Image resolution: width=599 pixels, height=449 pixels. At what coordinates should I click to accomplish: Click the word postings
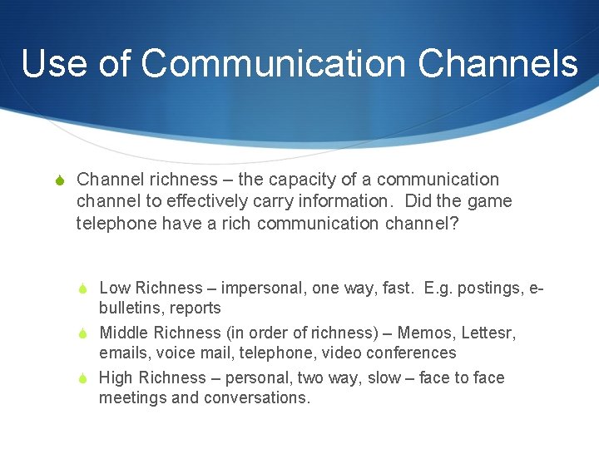pos(491,288)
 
